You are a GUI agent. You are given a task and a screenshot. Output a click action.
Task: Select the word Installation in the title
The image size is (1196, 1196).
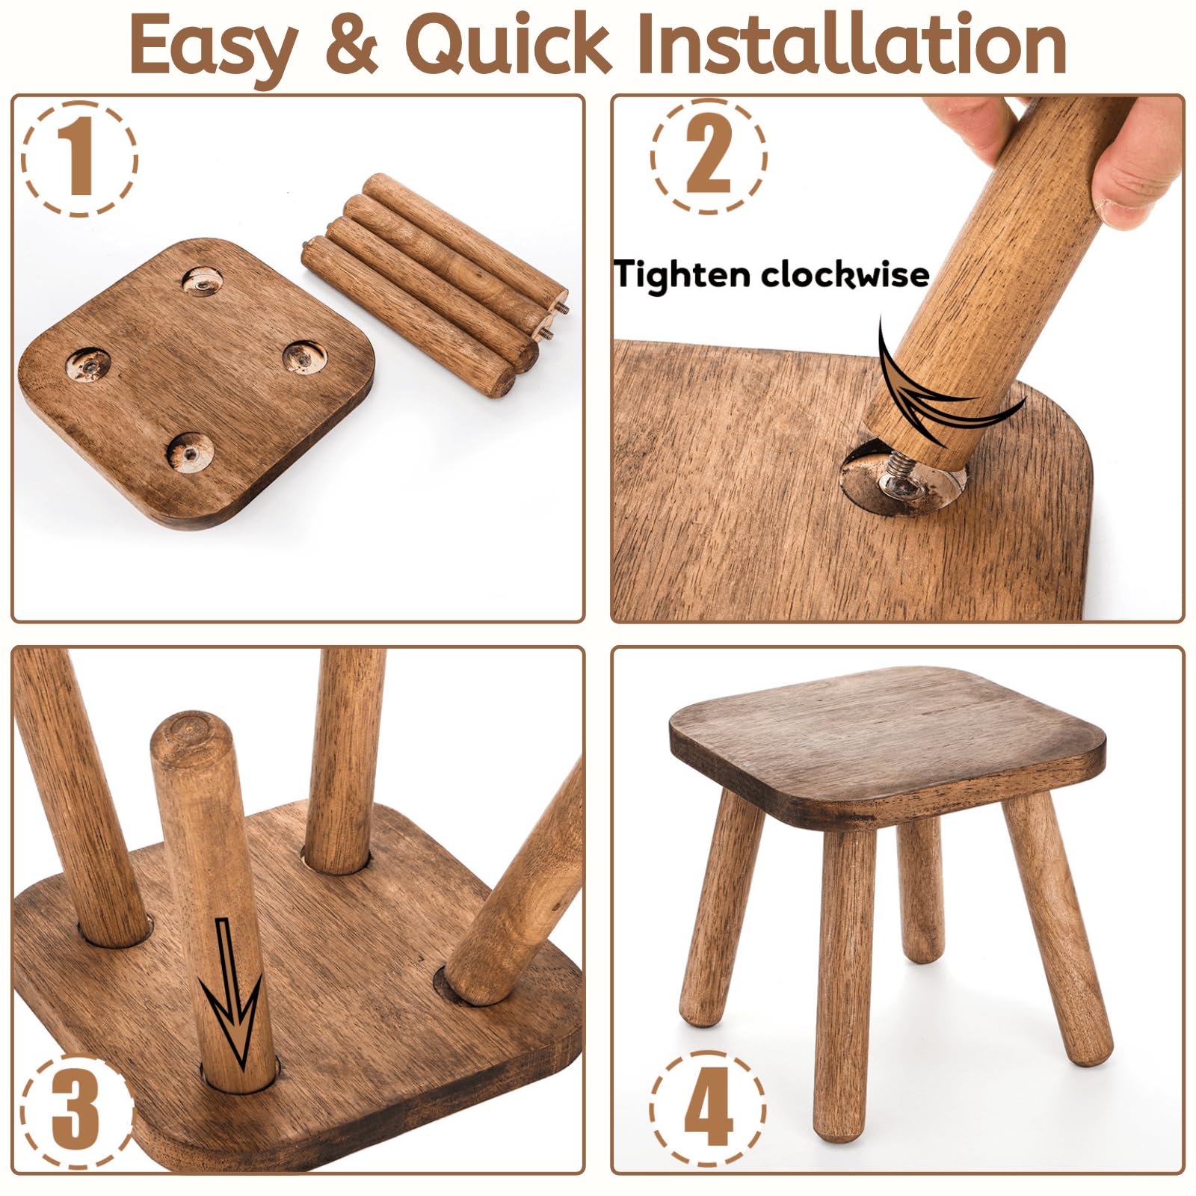[852, 45]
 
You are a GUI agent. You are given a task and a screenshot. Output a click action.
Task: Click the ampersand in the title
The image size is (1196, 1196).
[351, 45]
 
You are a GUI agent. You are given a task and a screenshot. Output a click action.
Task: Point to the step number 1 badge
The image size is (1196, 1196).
[79, 158]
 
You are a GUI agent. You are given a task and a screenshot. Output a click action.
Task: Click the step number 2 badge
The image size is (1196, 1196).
[708, 157]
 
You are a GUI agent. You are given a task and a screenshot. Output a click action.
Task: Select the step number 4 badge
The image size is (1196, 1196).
[707, 1107]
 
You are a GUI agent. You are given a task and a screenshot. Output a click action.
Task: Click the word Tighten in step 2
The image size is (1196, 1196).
[682, 274]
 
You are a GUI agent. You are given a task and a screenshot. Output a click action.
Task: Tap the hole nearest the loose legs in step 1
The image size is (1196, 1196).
[306, 357]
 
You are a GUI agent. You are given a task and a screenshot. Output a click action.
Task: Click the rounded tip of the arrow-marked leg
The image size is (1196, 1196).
[188, 730]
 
